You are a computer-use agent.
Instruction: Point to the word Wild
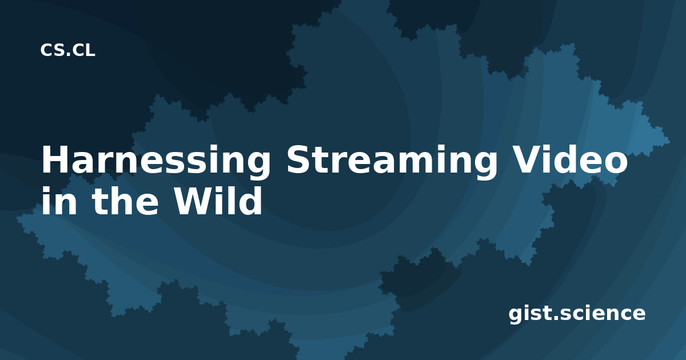(218, 201)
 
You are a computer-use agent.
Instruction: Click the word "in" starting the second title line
(59, 201)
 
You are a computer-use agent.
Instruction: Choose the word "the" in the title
(125, 201)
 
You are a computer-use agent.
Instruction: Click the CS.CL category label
(67, 50)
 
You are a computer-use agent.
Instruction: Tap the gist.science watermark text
(577, 314)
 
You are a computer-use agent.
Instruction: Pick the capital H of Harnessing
(57, 159)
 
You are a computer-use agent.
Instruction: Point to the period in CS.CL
(68, 55)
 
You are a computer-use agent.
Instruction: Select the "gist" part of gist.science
(529, 314)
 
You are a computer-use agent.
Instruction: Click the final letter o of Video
(616, 163)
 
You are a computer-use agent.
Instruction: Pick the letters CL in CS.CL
(83, 50)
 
